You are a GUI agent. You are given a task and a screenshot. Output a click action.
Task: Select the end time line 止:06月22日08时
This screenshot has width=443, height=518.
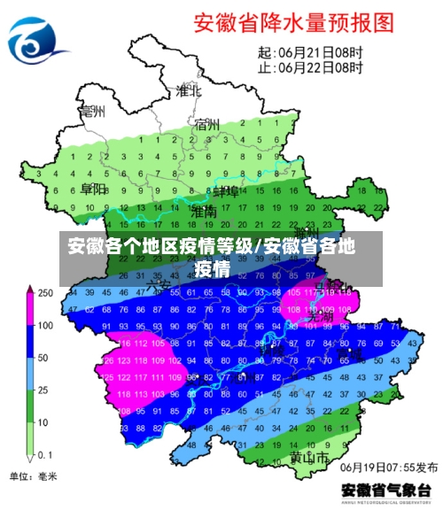(310, 66)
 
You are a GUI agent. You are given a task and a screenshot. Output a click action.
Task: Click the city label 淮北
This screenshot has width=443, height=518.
(187, 91)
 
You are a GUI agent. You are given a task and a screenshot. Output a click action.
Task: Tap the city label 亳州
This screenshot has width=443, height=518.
(91, 112)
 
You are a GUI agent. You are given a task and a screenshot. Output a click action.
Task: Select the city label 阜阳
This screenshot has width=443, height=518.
(92, 189)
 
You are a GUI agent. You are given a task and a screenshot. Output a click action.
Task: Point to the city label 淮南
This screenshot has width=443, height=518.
(203, 213)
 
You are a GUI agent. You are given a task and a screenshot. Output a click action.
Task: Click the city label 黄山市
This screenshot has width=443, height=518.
(309, 460)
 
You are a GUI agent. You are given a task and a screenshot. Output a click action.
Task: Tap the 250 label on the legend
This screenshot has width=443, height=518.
(44, 293)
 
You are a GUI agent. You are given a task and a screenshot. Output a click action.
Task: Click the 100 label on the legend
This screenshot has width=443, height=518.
(44, 326)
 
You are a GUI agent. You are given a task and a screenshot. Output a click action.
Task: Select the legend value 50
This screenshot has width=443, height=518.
(43, 358)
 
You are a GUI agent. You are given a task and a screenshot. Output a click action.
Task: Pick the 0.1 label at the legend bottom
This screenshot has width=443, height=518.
(44, 454)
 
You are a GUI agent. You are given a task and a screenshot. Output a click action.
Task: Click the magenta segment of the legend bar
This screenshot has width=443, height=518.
(28, 310)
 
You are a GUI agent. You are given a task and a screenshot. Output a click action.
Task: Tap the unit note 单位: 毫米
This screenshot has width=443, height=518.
(33, 477)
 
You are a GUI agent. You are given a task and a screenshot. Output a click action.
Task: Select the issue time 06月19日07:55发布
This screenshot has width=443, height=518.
(390, 467)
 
